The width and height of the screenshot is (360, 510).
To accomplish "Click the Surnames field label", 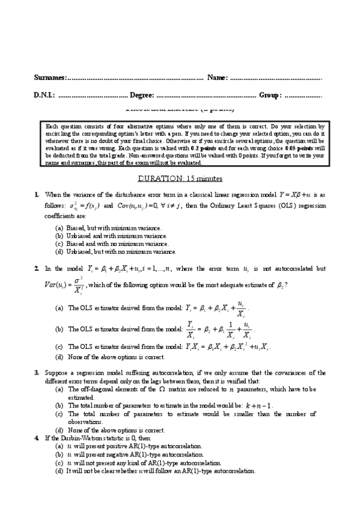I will tap(50, 78).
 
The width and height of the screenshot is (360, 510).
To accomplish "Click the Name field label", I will tap(217, 78).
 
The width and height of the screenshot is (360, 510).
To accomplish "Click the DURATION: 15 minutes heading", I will tap(180, 179).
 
